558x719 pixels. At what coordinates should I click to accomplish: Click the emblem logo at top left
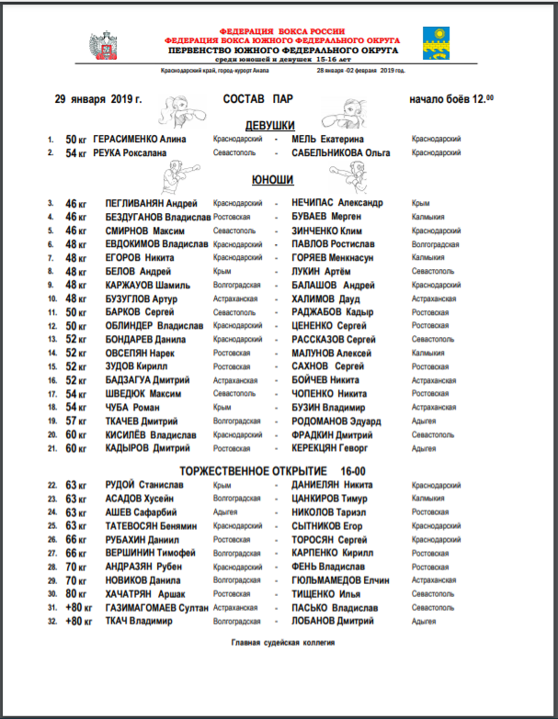tap(101, 45)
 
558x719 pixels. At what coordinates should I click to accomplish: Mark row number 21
tap(51, 448)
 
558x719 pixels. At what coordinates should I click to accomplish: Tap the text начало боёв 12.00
tap(450, 98)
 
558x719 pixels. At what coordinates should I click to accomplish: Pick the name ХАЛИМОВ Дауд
tap(323, 298)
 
